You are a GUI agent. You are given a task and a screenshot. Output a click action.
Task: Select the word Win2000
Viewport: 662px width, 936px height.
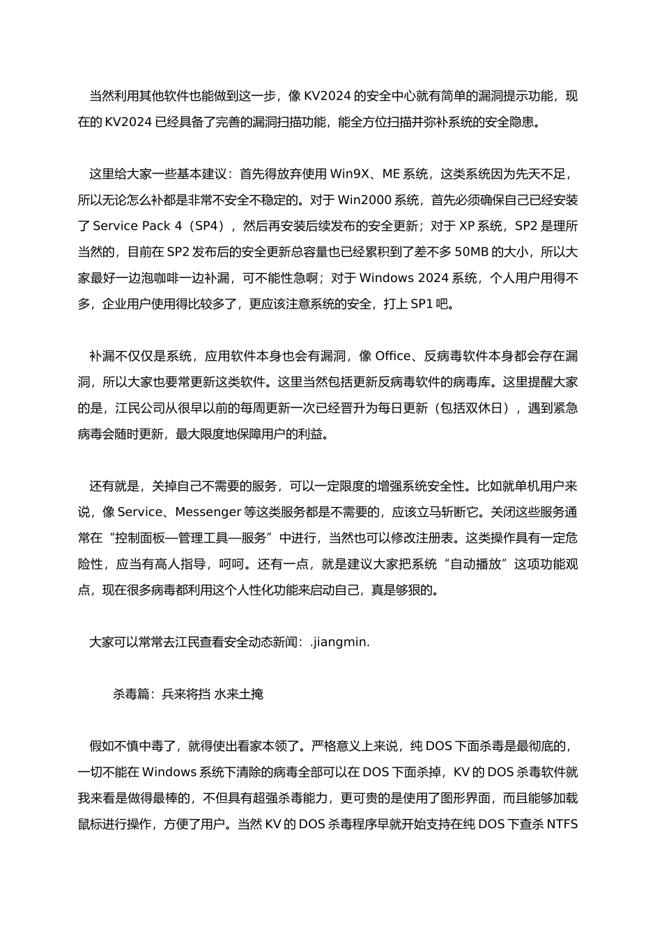[x=362, y=201]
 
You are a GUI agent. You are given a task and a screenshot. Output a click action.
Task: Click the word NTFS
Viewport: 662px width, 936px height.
[x=562, y=825]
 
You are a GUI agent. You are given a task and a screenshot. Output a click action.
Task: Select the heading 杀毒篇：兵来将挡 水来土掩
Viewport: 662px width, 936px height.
[x=188, y=694]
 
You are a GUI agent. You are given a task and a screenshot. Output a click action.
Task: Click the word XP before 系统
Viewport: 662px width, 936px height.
[x=467, y=226]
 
